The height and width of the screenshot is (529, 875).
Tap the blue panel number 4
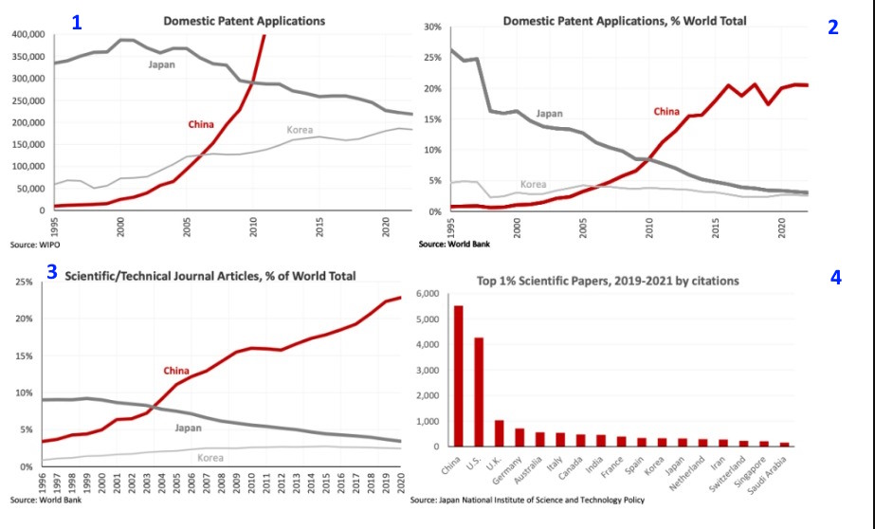835,278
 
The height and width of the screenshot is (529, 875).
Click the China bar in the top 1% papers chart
460,375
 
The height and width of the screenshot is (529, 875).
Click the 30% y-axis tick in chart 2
431,27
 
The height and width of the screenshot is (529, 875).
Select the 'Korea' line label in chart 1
300,129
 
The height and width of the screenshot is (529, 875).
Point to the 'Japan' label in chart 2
549,114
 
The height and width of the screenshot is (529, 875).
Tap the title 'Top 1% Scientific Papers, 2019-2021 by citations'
621,280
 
